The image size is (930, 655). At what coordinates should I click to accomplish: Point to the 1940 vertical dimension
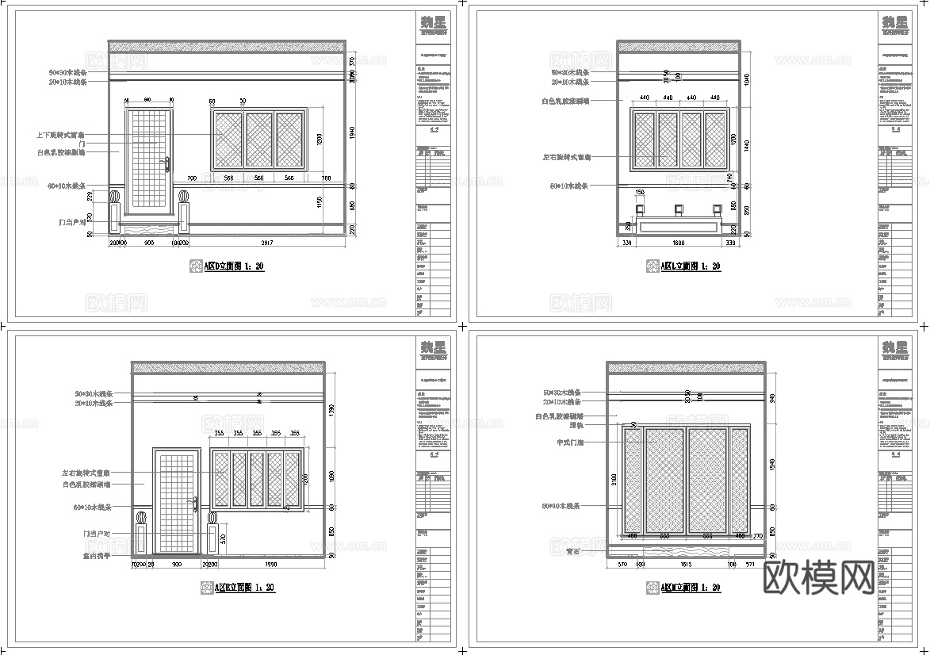tap(352, 130)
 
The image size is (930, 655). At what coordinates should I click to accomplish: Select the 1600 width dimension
tap(679, 243)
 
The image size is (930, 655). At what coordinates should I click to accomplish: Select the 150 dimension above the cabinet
tap(640, 193)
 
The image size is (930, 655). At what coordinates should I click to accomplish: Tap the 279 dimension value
tap(90, 195)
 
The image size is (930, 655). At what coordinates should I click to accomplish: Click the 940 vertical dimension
tap(771, 398)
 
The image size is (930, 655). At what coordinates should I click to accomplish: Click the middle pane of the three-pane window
tap(258, 140)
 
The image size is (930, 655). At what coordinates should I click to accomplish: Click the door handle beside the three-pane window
tap(167, 164)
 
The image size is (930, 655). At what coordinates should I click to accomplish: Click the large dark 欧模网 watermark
tap(819, 578)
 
